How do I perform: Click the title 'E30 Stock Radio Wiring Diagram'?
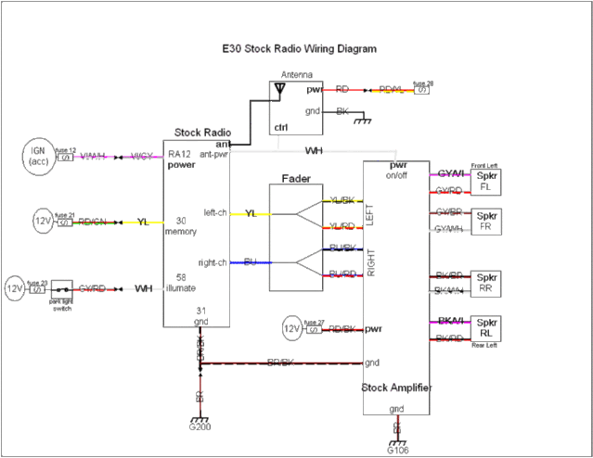tap(299, 47)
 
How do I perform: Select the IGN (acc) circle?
tap(38, 157)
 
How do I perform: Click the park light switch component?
tap(62, 289)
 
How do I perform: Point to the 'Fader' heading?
tap(296, 178)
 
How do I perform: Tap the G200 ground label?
tap(200, 428)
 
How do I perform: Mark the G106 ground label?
tap(396, 450)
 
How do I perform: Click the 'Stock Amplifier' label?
tap(396, 388)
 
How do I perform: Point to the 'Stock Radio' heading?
tap(202, 134)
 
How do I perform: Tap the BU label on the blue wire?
tap(250, 262)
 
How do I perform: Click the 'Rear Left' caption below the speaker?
tap(484, 346)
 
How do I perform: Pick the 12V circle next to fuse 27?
tap(292, 328)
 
